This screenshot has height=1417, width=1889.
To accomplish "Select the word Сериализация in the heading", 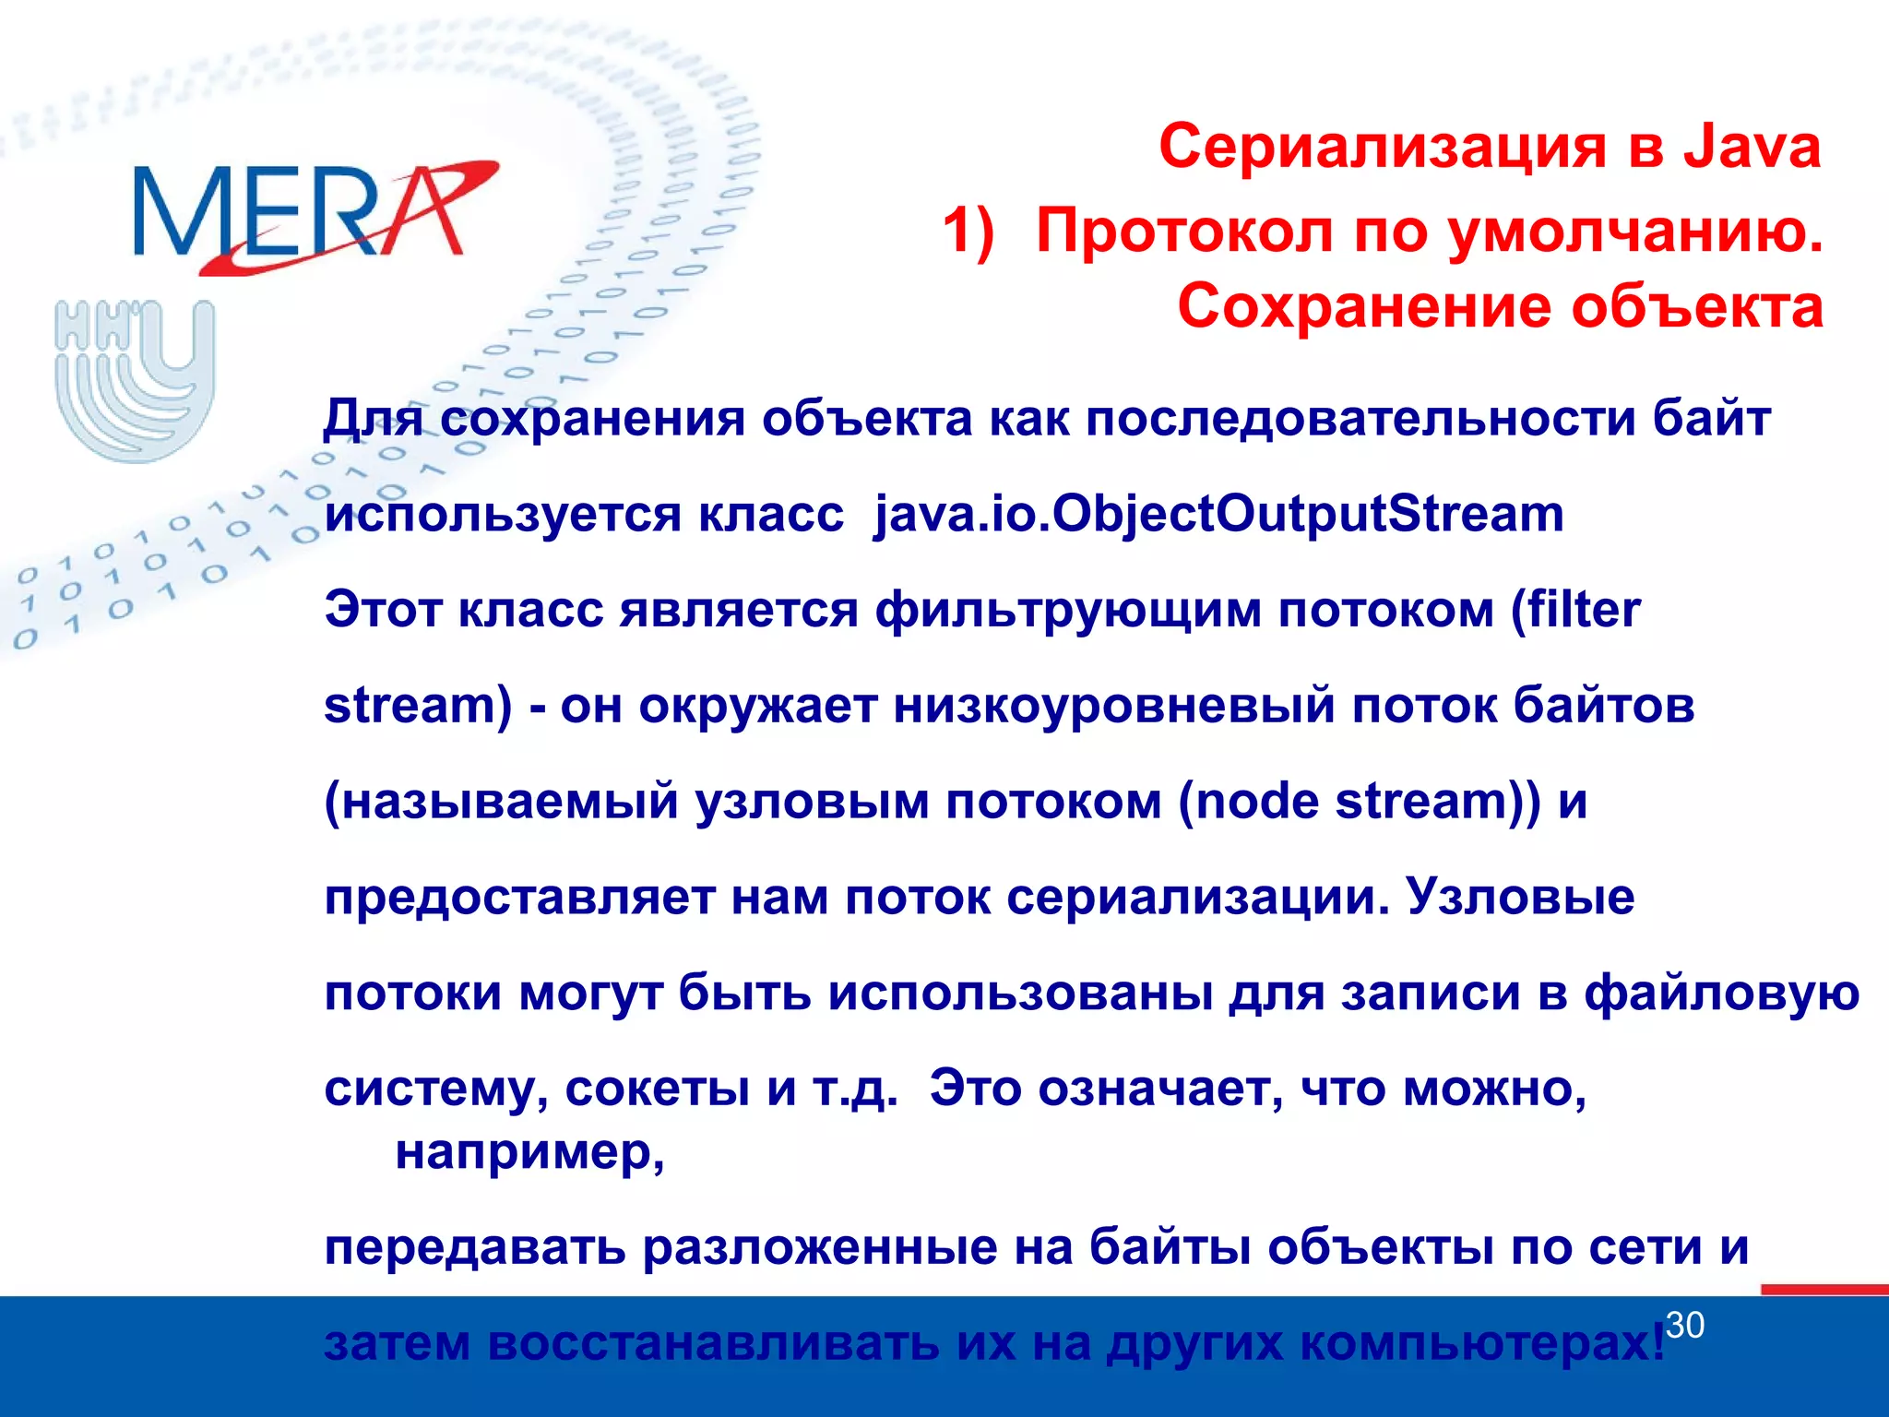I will point(1382,148).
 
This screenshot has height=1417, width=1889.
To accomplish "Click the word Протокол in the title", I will point(1184,231).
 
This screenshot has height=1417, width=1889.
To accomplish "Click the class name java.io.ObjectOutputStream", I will point(1218,514).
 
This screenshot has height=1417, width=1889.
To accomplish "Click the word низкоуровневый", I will point(1114,707).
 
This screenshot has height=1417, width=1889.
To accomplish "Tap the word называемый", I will point(502,802).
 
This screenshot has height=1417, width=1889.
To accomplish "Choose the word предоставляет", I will point(519,898).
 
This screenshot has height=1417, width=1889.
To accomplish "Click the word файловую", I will point(1721,994).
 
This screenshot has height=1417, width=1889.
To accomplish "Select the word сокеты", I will point(657,1090).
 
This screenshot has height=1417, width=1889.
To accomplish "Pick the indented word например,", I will point(529,1152).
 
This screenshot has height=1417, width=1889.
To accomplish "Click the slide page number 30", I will point(1685,1326).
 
